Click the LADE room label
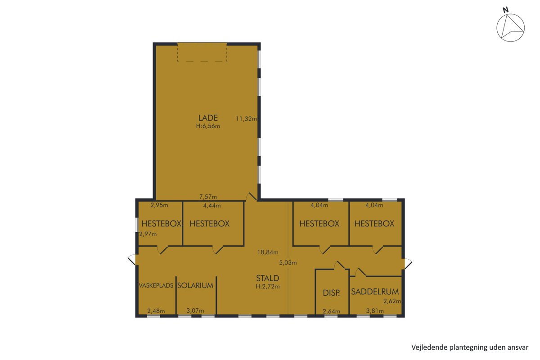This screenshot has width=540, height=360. (x=208, y=118)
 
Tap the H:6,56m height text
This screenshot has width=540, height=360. (x=208, y=126)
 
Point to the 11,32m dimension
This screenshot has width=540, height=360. (x=246, y=119)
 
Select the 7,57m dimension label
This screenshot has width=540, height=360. (x=208, y=197)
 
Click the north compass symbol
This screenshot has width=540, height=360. (x=510, y=27)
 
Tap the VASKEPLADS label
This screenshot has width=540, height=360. (x=156, y=285)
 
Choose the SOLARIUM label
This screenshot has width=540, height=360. (x=195, y=285)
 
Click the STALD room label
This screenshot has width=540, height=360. (x=267, y=278)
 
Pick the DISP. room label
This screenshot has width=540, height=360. (x=331, y=293)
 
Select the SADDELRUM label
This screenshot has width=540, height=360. (x=375, y=292)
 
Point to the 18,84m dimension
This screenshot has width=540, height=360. (x=268, y=252)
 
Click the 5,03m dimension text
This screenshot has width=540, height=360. (x=288, y=263)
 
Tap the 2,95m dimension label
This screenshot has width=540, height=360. (x=159, y=205)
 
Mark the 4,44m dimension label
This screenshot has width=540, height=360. (x=212, y=206)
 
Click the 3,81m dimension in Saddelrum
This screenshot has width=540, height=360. (x=375, y=311)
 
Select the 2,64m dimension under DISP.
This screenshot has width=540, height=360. (x=332, y=311)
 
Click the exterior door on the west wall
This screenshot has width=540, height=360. (x=133, y=260)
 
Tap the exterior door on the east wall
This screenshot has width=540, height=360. (x=407, y=264)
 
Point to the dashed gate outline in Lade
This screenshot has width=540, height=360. (x=202, y=52)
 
